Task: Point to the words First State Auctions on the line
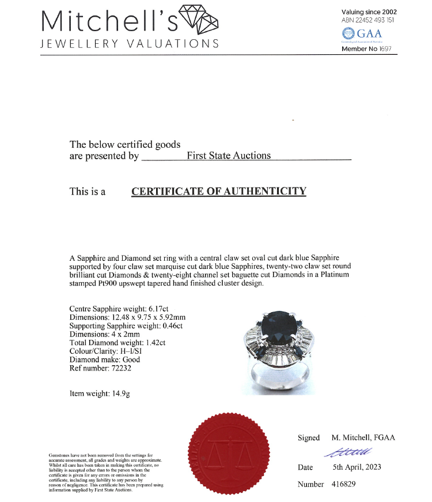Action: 229,155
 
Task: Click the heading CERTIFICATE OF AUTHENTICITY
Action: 219,192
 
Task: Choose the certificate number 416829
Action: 344,484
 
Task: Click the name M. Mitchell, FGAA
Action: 363,438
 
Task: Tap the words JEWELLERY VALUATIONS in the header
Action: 130,44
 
